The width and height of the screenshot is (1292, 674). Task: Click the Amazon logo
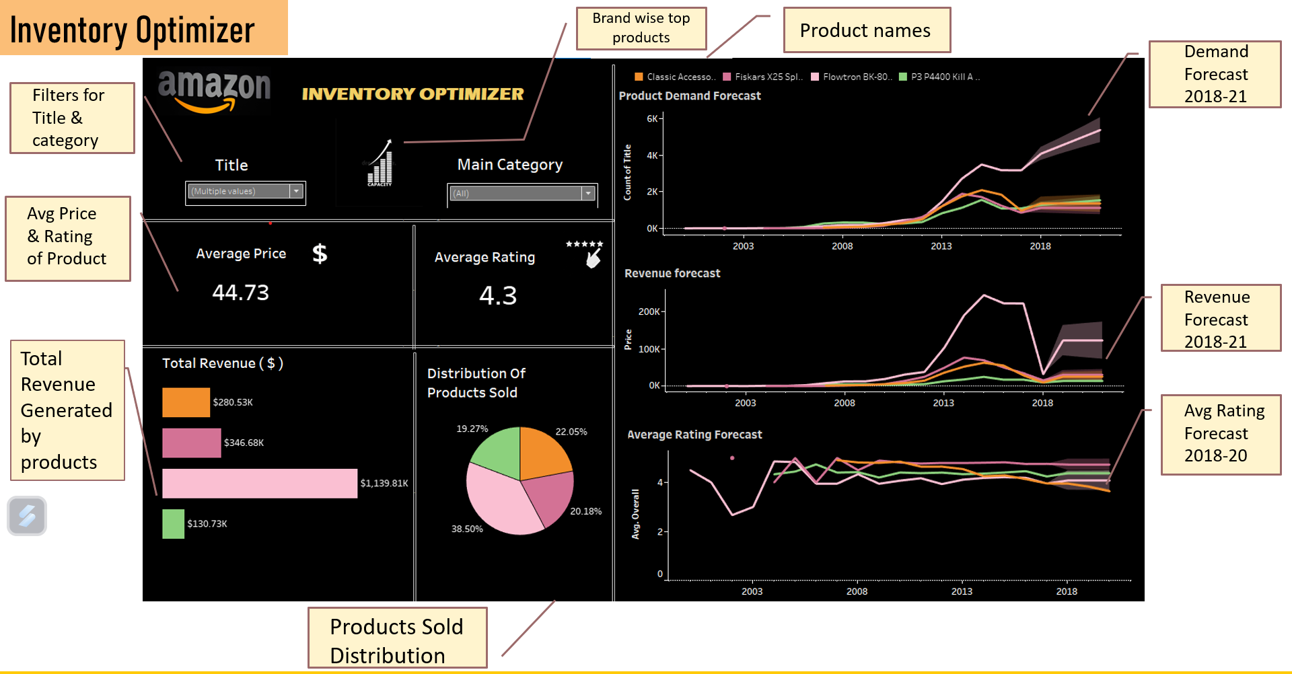[214, 91]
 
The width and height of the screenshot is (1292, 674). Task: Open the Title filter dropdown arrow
[296, 192]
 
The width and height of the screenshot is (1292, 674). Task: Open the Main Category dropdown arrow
[588, 194]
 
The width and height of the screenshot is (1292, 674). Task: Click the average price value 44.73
[240, 293]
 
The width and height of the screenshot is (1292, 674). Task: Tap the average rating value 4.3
[498, 295]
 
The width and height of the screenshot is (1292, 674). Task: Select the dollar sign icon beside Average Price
[320, 254]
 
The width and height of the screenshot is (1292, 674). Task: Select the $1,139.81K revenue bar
[260, 483]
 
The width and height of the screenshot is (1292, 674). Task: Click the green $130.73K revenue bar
[173, 523]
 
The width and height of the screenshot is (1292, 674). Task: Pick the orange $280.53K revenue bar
[186, 402]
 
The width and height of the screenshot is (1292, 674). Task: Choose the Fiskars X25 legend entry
[763, 77]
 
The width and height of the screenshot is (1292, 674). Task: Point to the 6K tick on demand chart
[652, 118]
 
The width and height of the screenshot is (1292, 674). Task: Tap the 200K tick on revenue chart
[649, 311]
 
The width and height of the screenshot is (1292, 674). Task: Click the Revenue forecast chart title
[672, 273]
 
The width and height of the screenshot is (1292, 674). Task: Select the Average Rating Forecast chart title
[694, 435]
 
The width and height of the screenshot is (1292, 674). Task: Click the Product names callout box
[867, 30]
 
